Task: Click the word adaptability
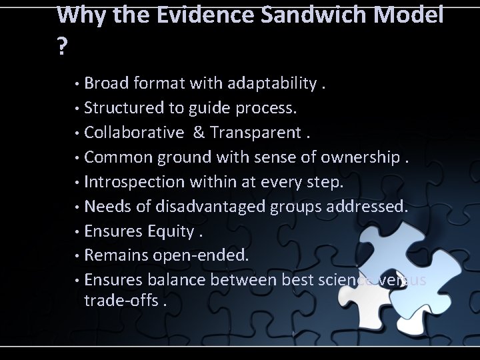pyautogui.click(x=271, y=83)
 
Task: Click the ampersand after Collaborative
pyautogui.click(x=198, y=133)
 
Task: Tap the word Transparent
pyautogui.click(x=256, y=133)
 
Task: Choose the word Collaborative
pyautogui.click(x=134, y=133)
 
